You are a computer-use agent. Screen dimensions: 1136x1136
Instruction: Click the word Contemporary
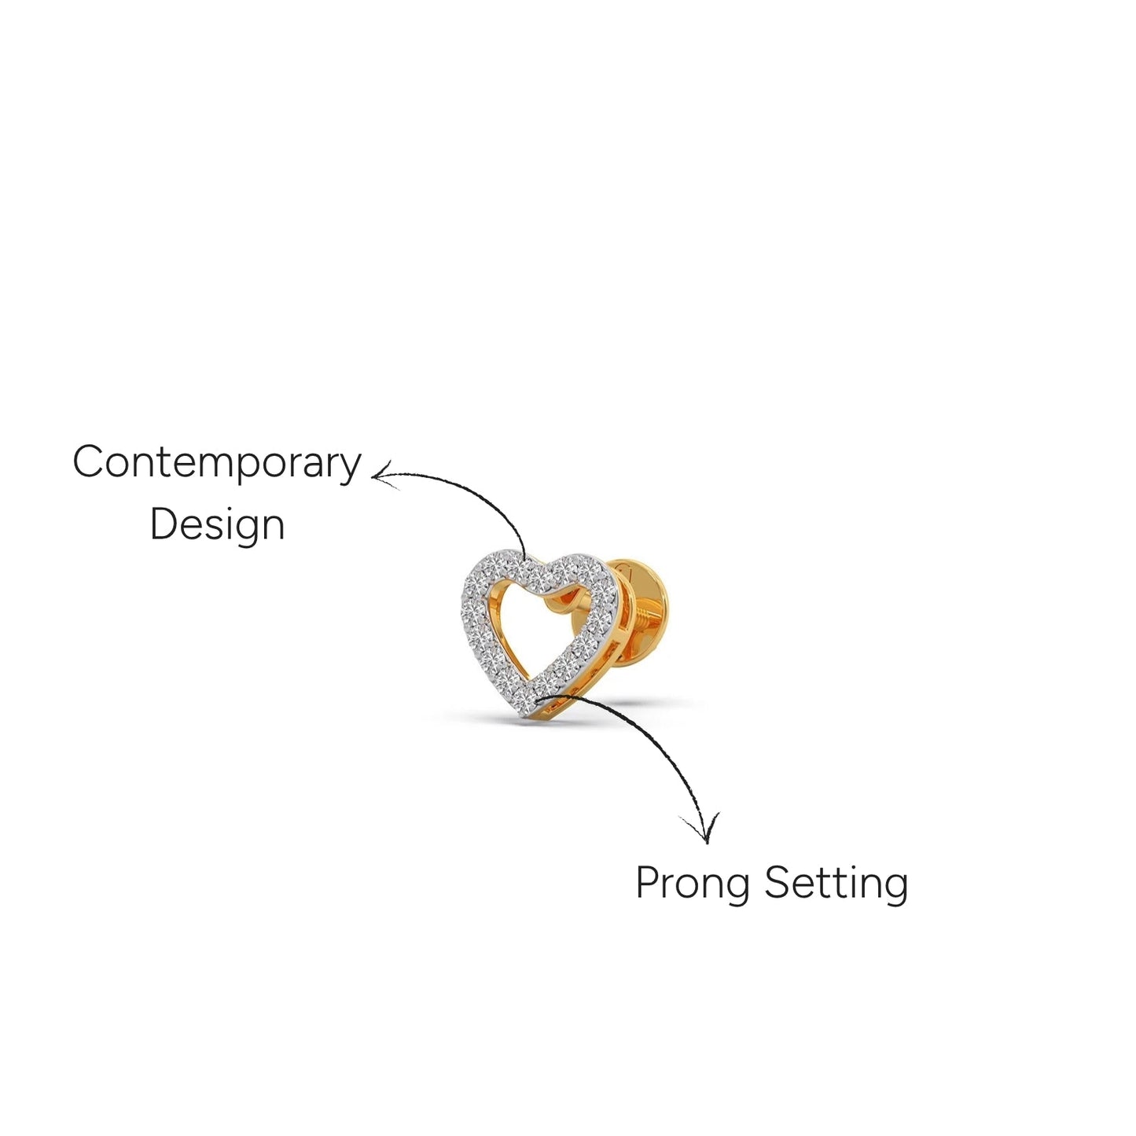point(216,464)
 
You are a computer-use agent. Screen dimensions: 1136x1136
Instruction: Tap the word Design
point(218,524)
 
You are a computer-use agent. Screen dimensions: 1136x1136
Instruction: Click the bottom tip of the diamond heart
point(527,716)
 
